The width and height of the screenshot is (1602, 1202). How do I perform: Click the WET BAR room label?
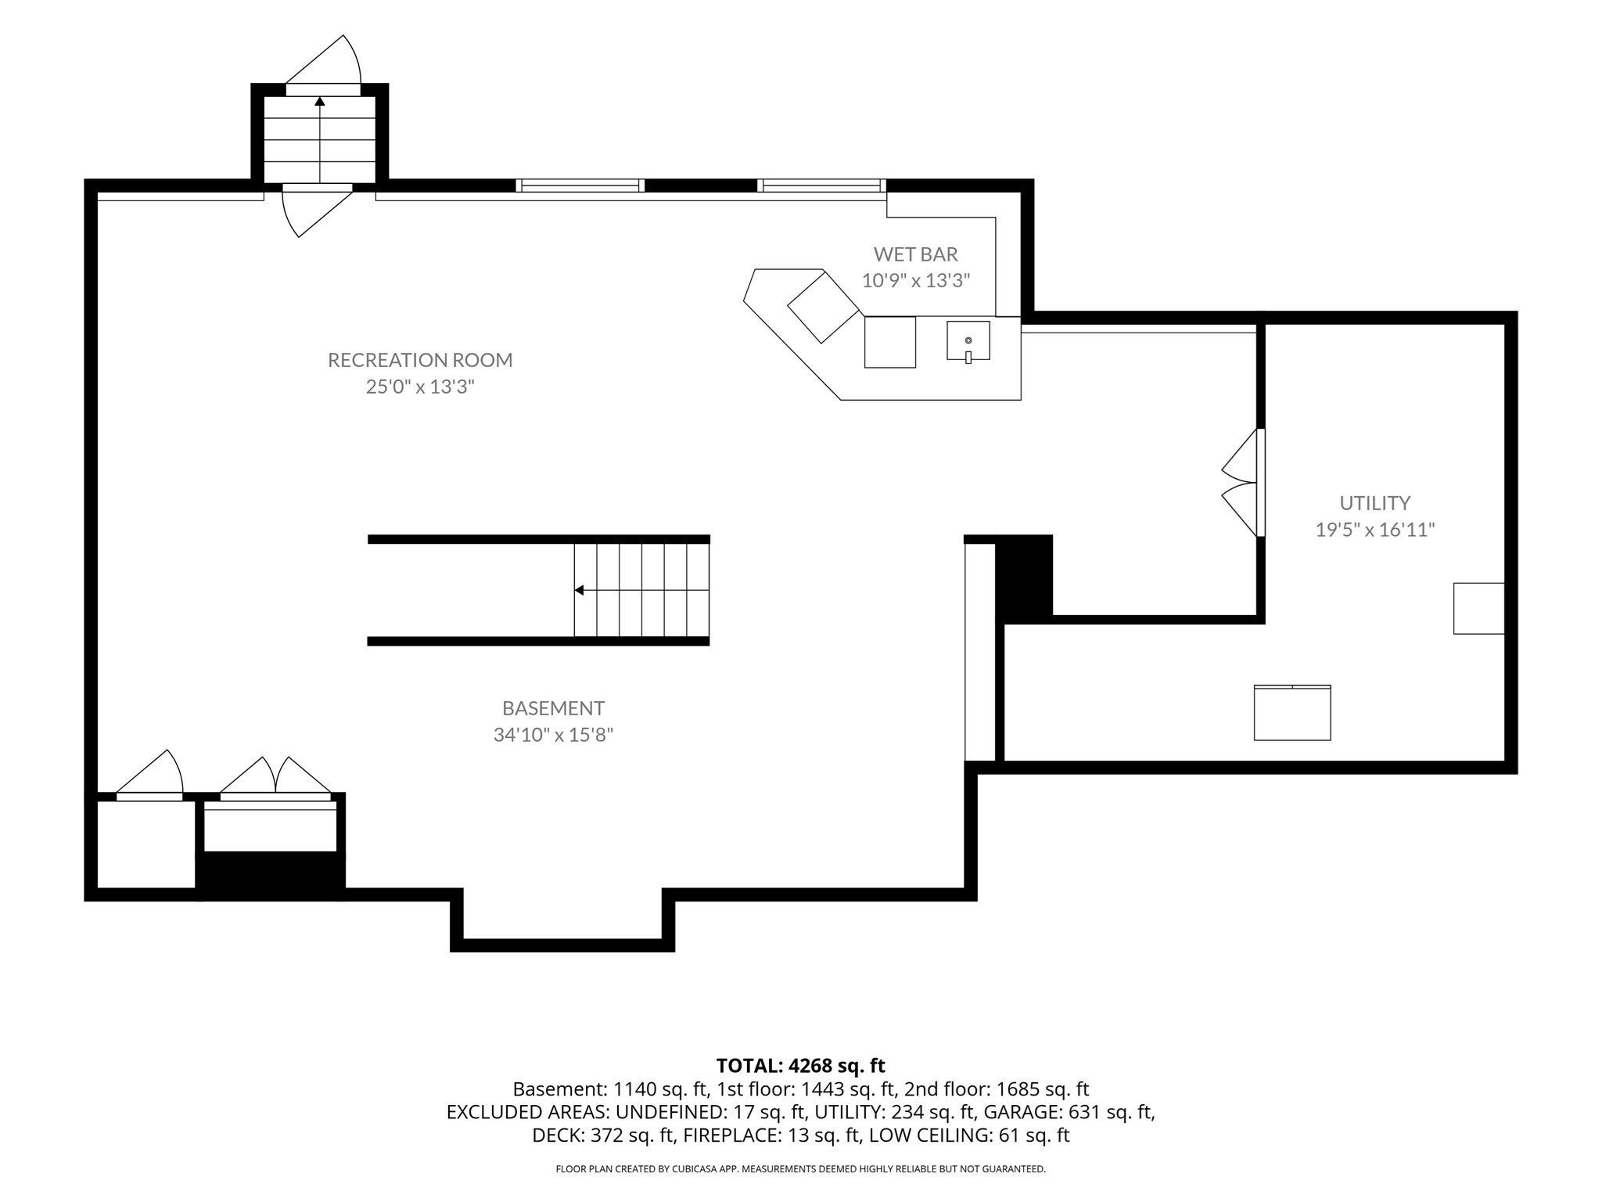click(915, 254)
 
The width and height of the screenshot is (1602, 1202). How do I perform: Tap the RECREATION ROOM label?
click(420, 360)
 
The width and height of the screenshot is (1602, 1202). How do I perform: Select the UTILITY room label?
click(1374, 502)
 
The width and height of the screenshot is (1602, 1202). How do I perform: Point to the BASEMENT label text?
click(553, 708)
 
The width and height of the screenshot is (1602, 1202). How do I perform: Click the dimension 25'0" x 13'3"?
click(420, 387)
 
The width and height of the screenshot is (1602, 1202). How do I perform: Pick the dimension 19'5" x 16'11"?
click(1374, 530)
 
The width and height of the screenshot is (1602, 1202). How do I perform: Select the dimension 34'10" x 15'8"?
click(553, 735)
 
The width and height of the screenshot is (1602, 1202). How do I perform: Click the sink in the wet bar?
click(968, 341)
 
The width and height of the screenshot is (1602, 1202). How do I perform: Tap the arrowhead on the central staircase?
click(579, 590)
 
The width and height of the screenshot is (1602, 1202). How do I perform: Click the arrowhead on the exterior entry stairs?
click(320, 100)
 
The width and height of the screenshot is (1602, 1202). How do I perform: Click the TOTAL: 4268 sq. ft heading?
click(800, 1065)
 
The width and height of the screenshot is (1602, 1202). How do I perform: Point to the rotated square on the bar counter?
click(822, 306)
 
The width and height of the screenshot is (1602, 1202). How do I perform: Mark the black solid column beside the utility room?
click(1024, 579)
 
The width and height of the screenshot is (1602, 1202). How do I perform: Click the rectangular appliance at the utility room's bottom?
click(1292, 712)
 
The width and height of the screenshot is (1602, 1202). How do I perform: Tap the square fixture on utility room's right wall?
click(1478, 608)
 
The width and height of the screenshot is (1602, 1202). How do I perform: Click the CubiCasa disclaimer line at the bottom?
click(800, 1169)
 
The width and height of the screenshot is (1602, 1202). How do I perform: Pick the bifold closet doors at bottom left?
click(275, 778)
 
